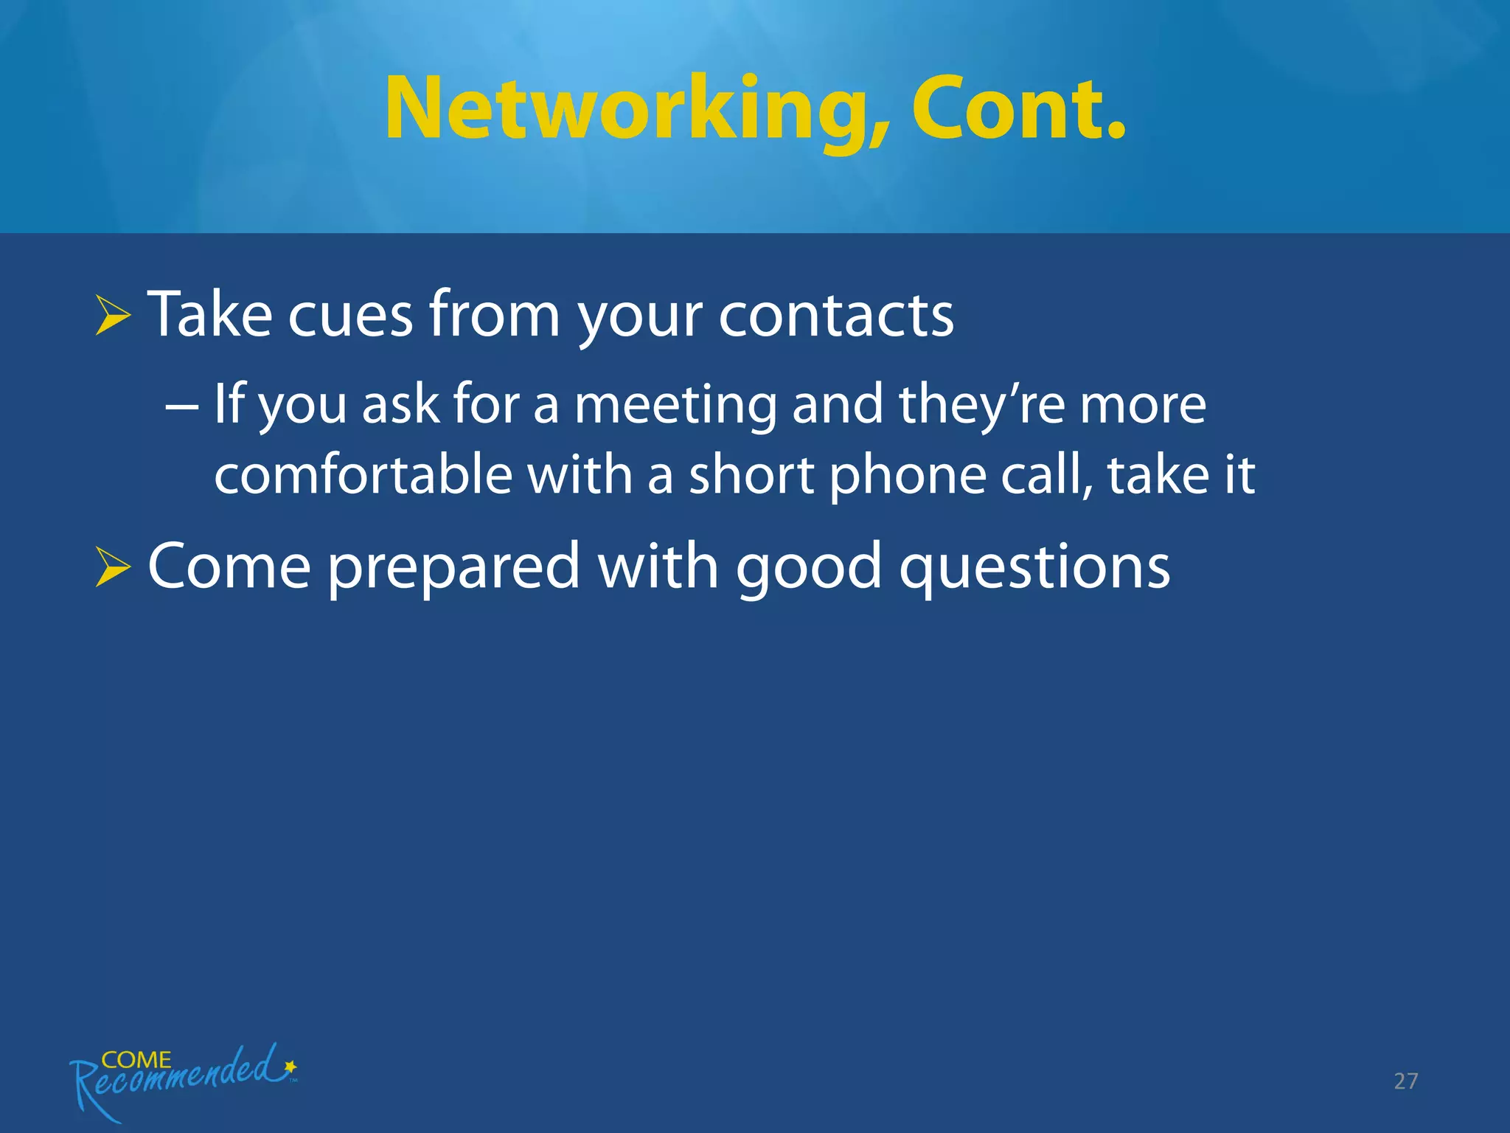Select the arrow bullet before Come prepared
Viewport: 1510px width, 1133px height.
[x=113, y=568]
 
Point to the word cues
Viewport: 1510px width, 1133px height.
[x=349, y=316]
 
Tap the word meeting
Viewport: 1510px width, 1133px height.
[x=675, y=406]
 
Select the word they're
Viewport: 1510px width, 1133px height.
[x=981, y=406]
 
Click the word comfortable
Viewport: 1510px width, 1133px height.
[x=363, y=475]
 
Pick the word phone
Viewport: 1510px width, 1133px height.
[x=908, y=477]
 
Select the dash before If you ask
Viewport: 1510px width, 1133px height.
[x=181, y=407]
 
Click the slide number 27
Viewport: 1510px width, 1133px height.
[x=1405, y=1081]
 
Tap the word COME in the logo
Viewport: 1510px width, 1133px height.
[x=136, y=1060]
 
